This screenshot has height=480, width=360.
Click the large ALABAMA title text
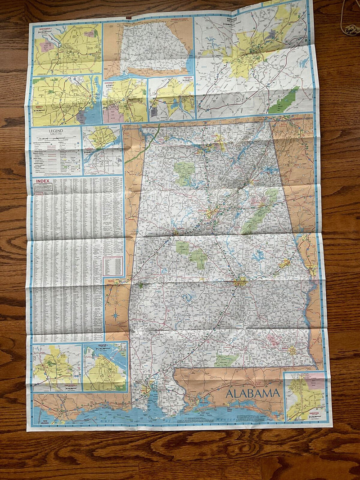(x=252, y=393)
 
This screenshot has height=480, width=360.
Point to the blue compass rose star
(x=115, y=314)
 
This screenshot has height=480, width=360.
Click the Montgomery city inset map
(x=67, y=49)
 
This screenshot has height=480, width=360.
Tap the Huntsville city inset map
(x=125, y=101)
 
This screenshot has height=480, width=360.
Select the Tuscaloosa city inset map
(x=56, y=367)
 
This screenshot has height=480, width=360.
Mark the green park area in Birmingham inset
(x=284, y=101)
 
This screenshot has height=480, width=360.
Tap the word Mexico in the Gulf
(x=220, y=419)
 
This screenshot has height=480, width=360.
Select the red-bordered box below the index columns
(x=112, y=266)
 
